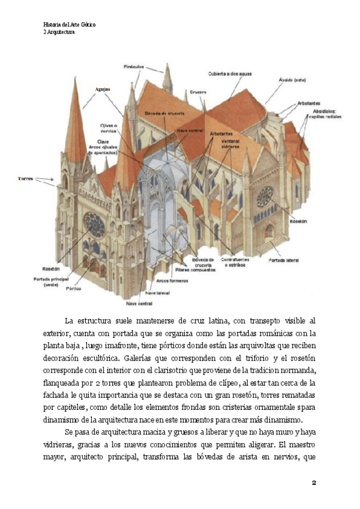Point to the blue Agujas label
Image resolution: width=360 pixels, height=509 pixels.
[x=103, y=89]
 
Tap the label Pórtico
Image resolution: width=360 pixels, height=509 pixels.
[x=73, y=289]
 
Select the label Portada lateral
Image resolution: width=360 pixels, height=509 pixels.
[x=284, y=260]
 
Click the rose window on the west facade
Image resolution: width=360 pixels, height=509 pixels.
[x=94, y=224]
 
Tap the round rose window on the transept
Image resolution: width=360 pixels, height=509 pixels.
[x=265, y=195]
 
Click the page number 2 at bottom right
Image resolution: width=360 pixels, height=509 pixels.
[x=313, y=483]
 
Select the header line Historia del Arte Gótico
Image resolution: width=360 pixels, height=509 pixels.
[x=70, y=25]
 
